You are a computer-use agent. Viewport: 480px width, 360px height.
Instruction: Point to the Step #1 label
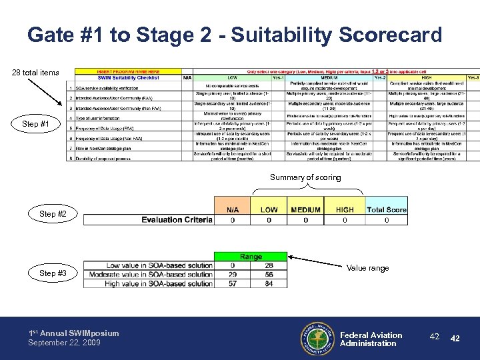tap(35, 124)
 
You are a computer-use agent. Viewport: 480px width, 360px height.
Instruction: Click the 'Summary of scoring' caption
tap(305, 177)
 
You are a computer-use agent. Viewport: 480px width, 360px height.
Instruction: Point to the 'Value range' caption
tap(368, 268)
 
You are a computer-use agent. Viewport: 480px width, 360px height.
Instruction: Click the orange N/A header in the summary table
tap(232, 209)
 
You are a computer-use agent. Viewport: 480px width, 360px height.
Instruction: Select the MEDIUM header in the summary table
tap(306, 209)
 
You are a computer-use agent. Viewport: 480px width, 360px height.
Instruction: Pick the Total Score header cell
tap(386, 209)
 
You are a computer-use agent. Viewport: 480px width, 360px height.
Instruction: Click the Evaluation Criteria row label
tap(176, 219)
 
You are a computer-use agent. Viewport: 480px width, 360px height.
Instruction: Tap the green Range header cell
tap(251, 256)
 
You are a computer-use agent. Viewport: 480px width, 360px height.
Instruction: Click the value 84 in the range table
tap(269, 283)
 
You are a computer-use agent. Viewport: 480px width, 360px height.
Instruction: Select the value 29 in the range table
tap(232, 274)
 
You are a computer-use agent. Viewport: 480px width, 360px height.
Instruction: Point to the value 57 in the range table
tap(232, 283)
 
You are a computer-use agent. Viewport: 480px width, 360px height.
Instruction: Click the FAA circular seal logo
tap(317, 339)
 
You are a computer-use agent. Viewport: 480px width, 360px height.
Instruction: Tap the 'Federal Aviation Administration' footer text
tap(371, 339)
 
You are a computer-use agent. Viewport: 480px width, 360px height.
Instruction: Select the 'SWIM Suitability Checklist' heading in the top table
tap(127, 77)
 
